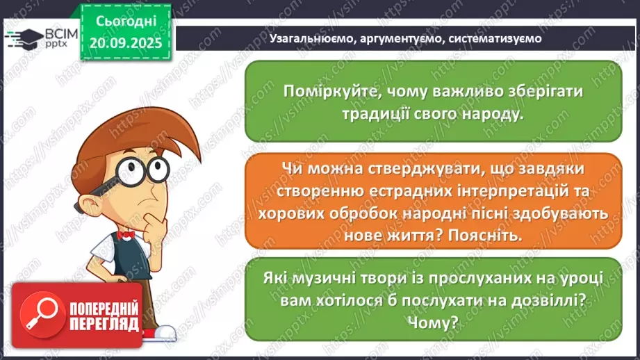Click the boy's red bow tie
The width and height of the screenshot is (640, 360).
125,236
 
